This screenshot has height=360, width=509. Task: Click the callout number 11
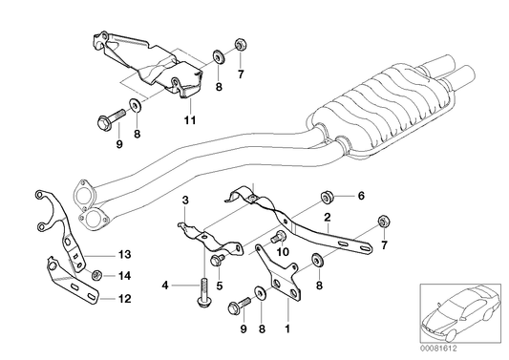189,120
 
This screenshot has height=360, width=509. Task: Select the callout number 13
124,254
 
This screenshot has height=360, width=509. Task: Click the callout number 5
219,285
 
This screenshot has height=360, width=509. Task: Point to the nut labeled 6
328,198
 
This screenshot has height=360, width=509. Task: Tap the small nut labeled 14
96,275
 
